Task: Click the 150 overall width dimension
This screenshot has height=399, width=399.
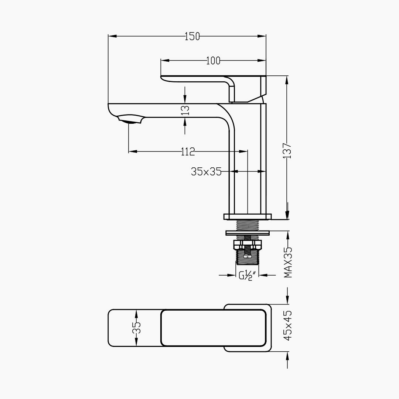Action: (192, 36)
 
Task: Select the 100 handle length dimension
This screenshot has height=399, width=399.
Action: (213, 61)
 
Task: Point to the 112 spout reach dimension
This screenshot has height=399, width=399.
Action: (188, 152)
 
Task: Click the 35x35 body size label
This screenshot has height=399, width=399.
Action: (206, 171)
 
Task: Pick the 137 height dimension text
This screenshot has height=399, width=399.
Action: (287, 151)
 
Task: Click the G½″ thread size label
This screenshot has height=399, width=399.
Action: (245, 275)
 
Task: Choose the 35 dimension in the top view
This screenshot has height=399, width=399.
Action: (137, 327)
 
